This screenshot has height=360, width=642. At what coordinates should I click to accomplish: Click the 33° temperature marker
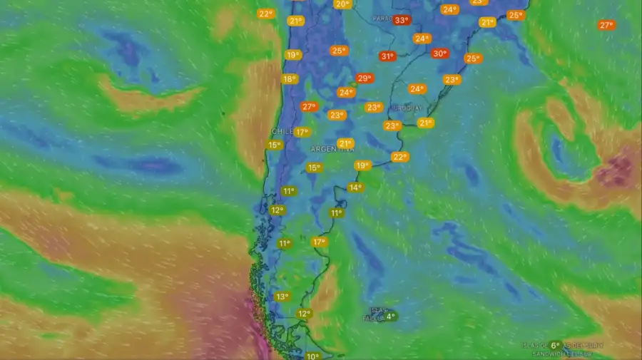pos(402,20)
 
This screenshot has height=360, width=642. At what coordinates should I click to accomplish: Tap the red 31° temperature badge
pos(387,56)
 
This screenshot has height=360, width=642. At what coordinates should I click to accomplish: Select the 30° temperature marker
pos(439,53)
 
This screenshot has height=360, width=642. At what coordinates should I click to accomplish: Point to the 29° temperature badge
pos(364,78)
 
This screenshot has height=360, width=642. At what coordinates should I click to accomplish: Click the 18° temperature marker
pos(289,79)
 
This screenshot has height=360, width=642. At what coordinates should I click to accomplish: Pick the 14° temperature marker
pos(355,187)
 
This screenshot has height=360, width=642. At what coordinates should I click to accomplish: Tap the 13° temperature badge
pos(282,297)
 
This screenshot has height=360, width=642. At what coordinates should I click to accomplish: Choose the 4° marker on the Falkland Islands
pos(389,317)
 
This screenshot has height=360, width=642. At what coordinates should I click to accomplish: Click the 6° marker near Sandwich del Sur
pos(555,346)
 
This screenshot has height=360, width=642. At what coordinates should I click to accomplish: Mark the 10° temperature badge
pos(312,356)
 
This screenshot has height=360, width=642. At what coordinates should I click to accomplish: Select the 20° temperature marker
pos(342,4)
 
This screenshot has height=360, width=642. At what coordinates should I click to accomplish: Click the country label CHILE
pos(281,132)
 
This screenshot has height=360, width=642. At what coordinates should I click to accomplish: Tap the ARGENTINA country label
pos(332,149)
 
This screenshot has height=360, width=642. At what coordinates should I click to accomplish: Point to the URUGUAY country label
pos(409,108)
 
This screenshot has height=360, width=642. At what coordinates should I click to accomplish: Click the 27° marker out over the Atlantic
pos(606,25)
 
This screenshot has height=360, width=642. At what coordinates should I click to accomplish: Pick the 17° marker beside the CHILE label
pos(302,132)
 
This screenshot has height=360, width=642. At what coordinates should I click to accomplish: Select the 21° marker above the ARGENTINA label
pos(345,143)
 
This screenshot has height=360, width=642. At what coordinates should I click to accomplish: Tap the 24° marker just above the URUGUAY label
pos(417,89)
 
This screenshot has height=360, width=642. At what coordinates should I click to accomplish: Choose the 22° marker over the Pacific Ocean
pos(265,14)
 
